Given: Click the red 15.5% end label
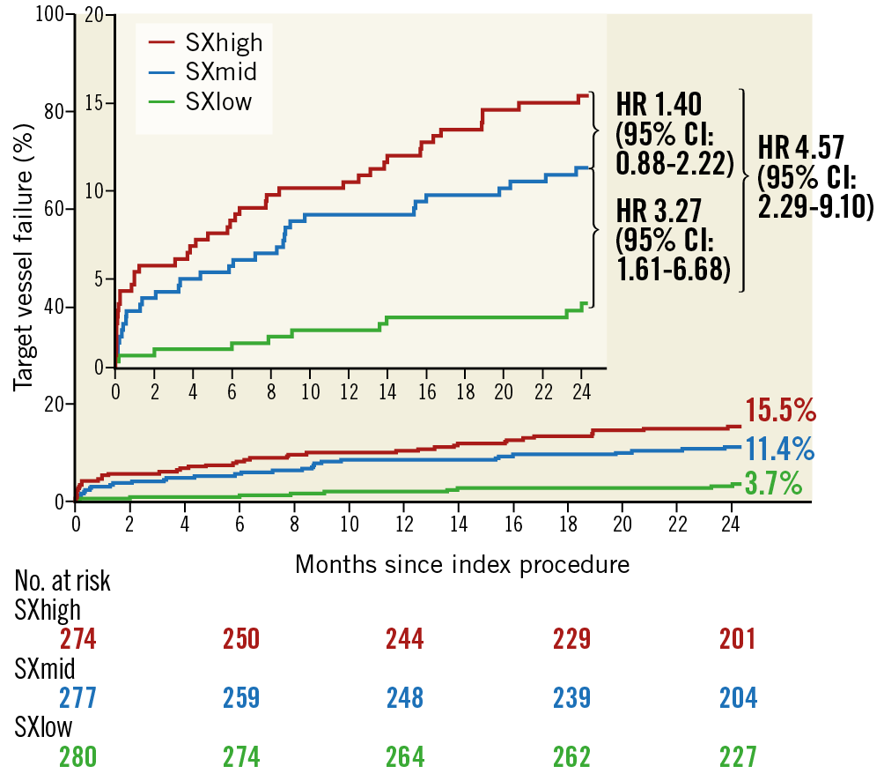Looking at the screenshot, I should (781, 412).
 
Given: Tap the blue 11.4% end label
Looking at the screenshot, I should (780, 449).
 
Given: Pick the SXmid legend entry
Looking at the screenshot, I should (221, 71).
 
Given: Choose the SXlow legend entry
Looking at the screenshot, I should (218, 102).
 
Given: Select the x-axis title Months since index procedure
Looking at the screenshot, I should (462, 564).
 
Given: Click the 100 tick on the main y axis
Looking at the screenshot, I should (52, 15).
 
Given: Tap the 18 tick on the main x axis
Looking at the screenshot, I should (567, 523).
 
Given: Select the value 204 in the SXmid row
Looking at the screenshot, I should (737, 698).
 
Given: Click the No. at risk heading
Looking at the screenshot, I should (63, 582).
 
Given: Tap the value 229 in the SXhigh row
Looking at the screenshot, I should (572, 638).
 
